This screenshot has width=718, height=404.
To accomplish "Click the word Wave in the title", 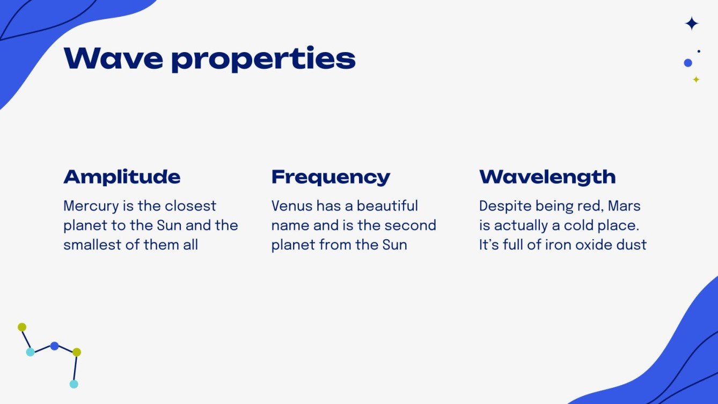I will pos(113,58).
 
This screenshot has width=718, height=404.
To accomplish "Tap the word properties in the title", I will pos(263,60).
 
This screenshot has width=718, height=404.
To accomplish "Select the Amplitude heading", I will pos(122,177).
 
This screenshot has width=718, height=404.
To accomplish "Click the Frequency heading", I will pos(331,177).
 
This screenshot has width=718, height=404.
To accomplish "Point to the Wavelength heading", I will pos(547,177).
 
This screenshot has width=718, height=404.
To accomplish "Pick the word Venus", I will pos(292,206).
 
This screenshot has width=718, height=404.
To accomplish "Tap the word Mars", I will pos(624,206).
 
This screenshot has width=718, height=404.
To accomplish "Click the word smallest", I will pos(90,245).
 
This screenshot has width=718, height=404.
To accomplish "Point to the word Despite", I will pos(504,206).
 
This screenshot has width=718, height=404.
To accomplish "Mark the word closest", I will pos(190,206).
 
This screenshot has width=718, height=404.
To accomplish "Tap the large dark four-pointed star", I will pos(692,24).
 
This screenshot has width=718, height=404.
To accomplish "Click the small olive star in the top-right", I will pos(696,79).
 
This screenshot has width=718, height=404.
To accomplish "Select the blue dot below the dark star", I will pos(688,63).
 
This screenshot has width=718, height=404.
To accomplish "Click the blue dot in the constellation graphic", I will pos(54,346).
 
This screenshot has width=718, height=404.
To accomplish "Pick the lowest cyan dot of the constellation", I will pos(74,384).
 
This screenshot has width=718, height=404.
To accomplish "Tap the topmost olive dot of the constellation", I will pos(22,327).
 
